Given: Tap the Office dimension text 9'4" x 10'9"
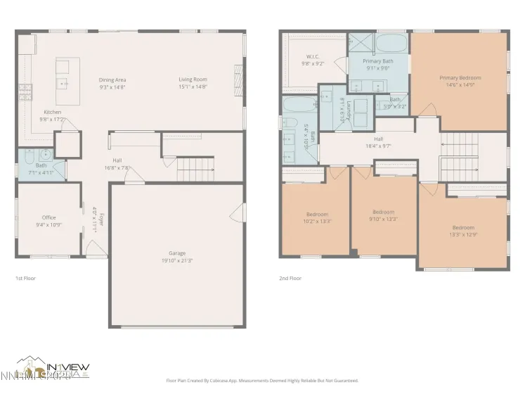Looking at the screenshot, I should point(48,225).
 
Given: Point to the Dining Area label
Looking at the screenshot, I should point(112,80).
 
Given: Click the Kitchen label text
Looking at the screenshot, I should point(52,112).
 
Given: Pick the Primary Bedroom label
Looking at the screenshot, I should point(457,77).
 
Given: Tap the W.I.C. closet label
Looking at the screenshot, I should point(313,56).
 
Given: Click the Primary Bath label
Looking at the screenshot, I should point(377,61).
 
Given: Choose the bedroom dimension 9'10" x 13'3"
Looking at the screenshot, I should point(384,219).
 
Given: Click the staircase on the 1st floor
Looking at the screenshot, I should point(194,169).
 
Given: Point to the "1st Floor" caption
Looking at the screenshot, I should point(25,278).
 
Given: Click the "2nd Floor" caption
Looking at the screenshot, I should point(290,278).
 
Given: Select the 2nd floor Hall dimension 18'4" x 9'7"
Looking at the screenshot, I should point(378,146).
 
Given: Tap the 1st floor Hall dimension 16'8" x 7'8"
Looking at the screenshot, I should point(117,167).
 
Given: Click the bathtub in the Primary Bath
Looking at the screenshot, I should point(391,44).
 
